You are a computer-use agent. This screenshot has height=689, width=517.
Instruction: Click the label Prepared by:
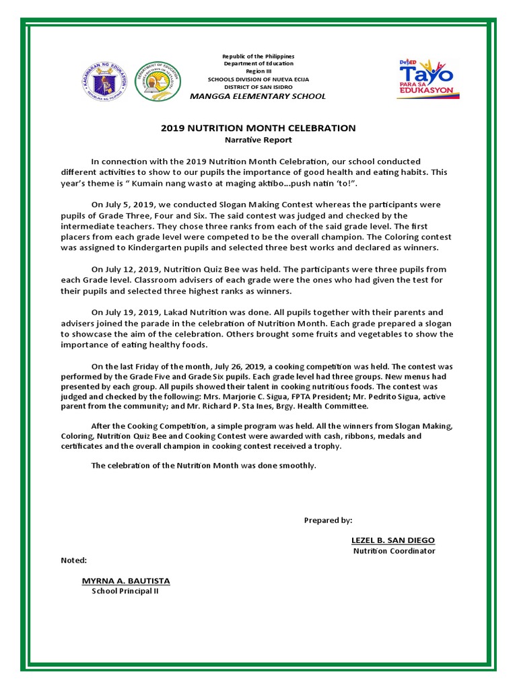pos(328,520)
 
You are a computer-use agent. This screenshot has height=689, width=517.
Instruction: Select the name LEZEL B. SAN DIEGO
pos(393,540)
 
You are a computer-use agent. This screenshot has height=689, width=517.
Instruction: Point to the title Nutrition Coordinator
pos(394,551)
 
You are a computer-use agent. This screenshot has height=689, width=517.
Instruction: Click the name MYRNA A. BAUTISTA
pos(126,581)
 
